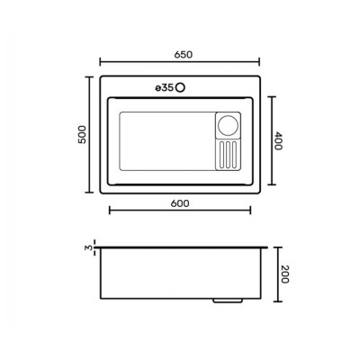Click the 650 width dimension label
(183, 55)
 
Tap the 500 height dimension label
(82, 134)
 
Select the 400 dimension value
(277, 140)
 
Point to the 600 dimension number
(180, 203)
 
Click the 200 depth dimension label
(284, 274)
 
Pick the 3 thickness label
(88, 247)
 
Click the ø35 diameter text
(164, 88)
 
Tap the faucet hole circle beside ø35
(180, 88)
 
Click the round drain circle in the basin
(228, 125)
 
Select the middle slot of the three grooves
(228, 154)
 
